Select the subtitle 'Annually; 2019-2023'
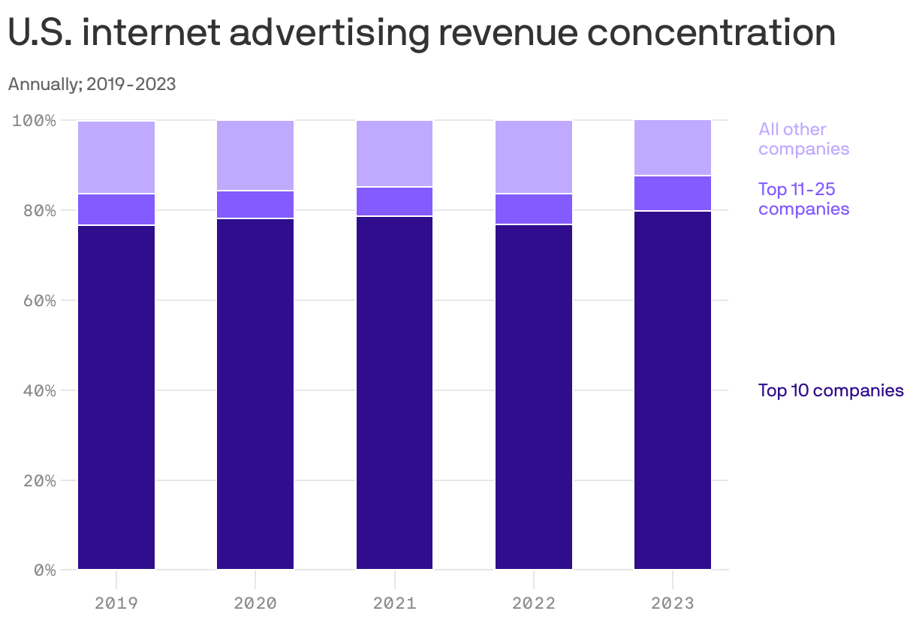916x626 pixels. [92, 84]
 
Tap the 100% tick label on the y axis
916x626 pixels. [34, 120]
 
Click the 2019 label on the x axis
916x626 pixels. [116, 603]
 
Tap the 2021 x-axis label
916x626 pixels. [394, 603]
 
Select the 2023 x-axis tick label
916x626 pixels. [673, 603]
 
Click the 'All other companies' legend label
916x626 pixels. [803, 139]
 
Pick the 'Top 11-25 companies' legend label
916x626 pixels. [803, 199]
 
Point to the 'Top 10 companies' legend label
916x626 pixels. [830, 390]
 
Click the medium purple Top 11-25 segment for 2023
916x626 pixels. [673, 194]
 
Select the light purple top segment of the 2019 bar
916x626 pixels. [116, 157]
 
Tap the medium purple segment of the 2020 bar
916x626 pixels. [255, 204]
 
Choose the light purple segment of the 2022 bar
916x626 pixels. [534, 157]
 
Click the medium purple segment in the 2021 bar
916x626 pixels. [394, 201]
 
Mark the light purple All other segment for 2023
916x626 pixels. [673, 148]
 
